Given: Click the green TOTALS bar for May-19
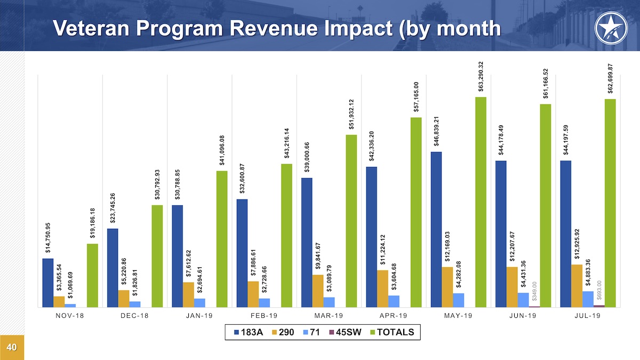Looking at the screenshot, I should tap(481, 202).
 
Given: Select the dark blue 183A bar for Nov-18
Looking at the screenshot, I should tap(48, 283).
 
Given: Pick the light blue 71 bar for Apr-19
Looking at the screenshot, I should tap(394, 301).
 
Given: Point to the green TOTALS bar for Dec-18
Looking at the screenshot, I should tap(157, 256).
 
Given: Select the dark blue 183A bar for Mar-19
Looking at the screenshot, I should tap(307, 243).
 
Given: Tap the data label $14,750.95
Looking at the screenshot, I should tap(48, 237).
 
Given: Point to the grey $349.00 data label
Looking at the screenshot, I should tap(534, 292).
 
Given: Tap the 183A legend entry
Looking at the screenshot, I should tap(249, 332).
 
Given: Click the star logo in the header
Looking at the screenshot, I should tap(609, 26).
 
